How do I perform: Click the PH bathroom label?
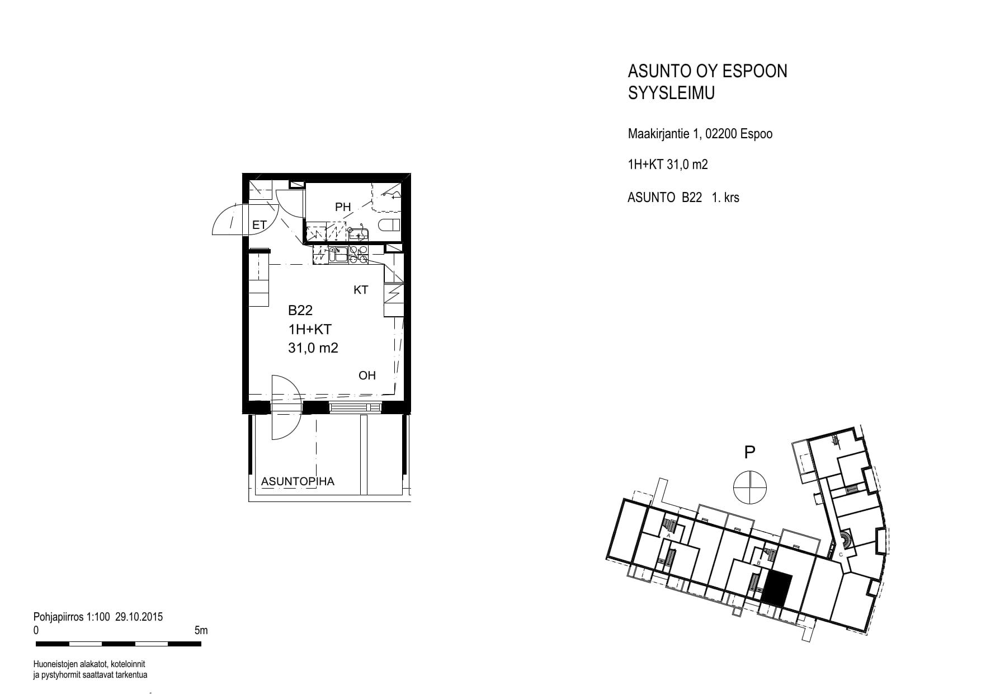click(x=343, y=207)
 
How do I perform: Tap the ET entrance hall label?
click(x=260, y=225)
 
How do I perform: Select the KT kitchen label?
click(x=361, y=290)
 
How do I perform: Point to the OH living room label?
click(x=367, y=375)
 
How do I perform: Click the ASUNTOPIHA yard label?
click(x=298, y=481)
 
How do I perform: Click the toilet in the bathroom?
click(x=390, y=225)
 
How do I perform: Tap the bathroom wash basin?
click(x=356, y=233)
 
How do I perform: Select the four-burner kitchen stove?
click(x=358, y=255)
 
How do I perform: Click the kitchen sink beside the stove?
click(x=338, y=255)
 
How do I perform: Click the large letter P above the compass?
click(x=749, y=452)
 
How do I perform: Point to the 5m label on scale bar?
click(x=201, y=631)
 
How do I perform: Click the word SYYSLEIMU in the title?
click(x=671, y=93)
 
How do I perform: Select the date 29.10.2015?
click(x=139, y=617)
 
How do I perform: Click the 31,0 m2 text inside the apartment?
click(x=313, y=348)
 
